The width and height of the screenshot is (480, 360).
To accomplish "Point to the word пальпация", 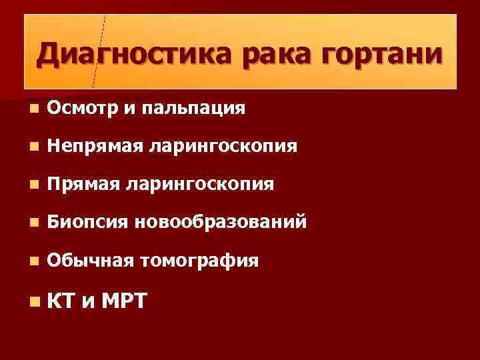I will [x=186, y=108].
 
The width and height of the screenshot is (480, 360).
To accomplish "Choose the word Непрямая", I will [x=95, y=145].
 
